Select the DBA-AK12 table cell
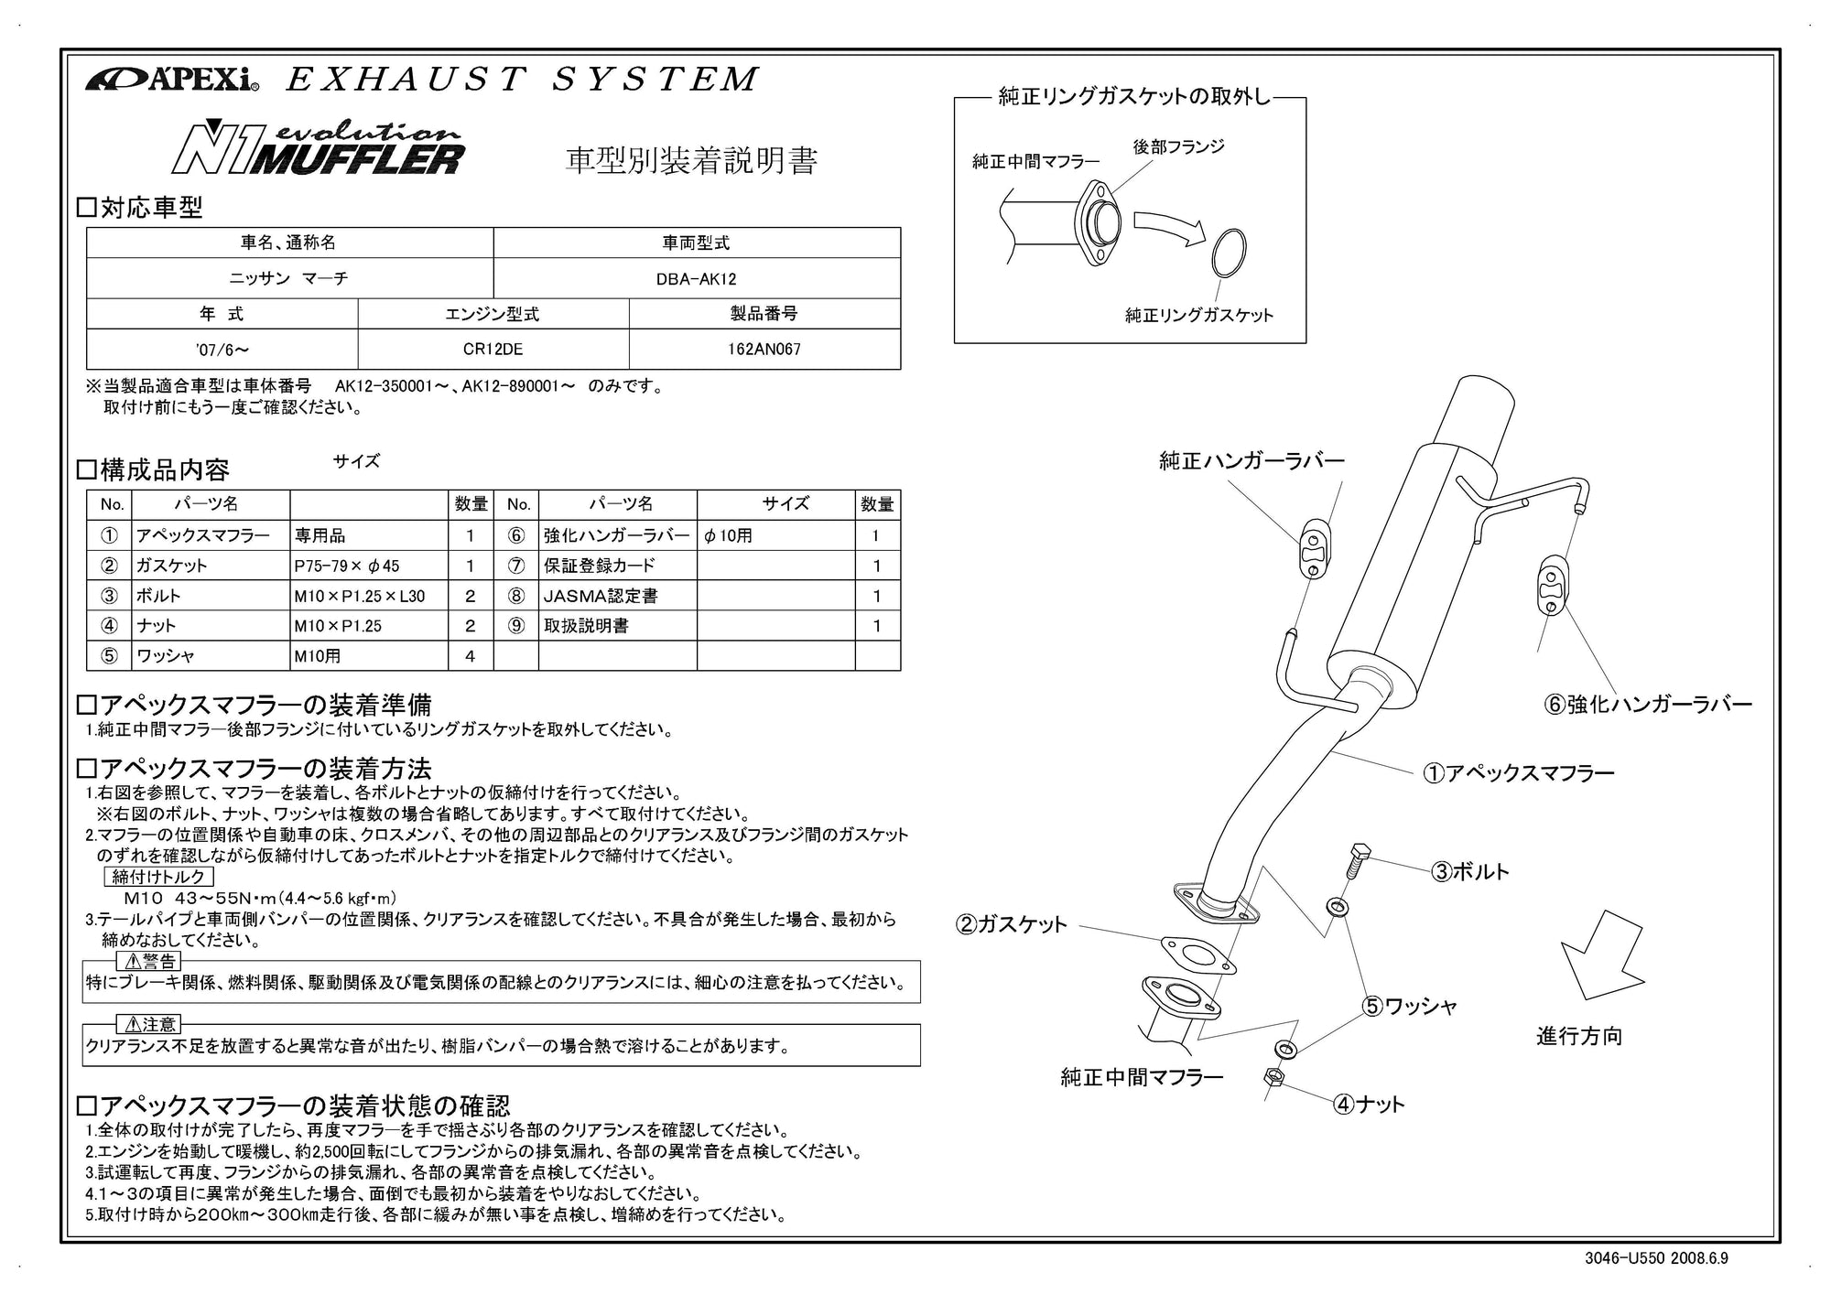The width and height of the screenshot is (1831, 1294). (x=696, y=279)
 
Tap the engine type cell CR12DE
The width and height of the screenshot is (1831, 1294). (x=493, y=350)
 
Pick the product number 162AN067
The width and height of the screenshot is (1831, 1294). (x=764, y=350)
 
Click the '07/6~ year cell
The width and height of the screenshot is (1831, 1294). (x=222, y=350)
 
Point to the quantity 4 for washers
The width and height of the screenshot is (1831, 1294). (x=470, y=656)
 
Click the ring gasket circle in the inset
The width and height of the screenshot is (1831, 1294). (x=1229, y=252)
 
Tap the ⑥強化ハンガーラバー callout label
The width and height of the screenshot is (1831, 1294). (x=1647, y=705)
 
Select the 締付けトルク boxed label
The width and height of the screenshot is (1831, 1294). (x=158, y=877)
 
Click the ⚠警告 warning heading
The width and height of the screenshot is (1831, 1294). (x=149, y=962)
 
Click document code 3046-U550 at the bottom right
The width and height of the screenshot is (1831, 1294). (x=1625, y=1258)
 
